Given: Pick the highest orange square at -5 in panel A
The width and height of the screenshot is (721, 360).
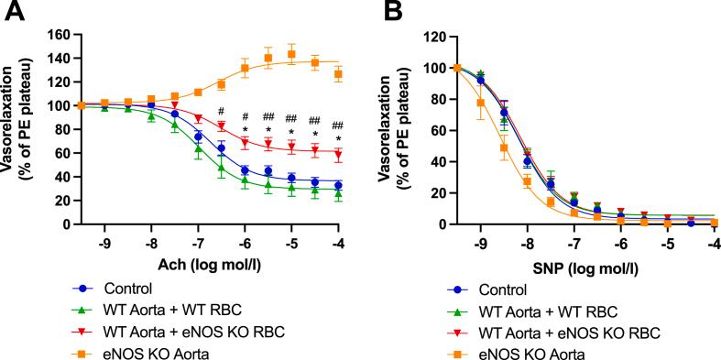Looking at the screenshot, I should pos(291,54).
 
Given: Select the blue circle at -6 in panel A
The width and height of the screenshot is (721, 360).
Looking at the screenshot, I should pos(245,170).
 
